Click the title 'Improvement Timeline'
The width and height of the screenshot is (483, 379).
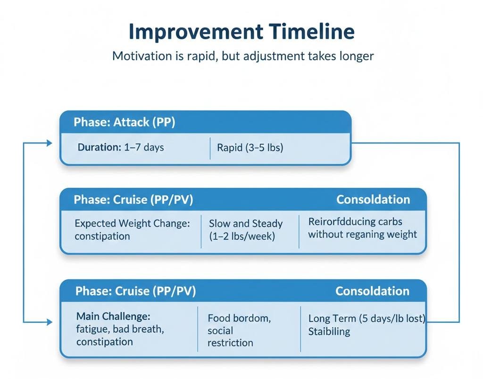(x=241, y=32)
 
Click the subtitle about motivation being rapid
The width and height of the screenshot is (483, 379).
(x=242, y=56)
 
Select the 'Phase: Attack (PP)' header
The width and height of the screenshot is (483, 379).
(x=125, y=122)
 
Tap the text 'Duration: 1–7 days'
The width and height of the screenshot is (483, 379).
(x=121, y=147)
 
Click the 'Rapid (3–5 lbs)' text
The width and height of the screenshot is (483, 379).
(x=250, y=148)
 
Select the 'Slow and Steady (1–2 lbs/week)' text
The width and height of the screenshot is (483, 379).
(x=245, y=230)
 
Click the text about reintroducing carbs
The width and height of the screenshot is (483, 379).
(x=362, y=227)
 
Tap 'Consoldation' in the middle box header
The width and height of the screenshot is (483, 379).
(x=373, y=199)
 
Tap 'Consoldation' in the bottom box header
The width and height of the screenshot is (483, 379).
(x=372, y=291)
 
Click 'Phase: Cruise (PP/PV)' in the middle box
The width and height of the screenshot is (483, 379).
(x=133, y=199)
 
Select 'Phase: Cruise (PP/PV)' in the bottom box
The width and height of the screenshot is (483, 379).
(x=135, y=291)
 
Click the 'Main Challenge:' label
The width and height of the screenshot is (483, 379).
(x=113, y=316)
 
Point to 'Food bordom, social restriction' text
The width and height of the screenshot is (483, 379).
(x=239, y=330)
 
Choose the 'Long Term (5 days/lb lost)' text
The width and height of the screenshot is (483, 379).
(x=366, y=319)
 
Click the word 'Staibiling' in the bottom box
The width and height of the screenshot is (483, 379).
(x=329, y=331)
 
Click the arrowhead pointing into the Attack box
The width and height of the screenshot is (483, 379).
(x=50, y=143)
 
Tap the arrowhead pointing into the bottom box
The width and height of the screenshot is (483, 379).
(x=50, y=322)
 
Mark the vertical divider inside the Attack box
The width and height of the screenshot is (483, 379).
(x=209, y=148)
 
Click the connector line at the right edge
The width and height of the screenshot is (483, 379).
(x=459, y=231)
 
